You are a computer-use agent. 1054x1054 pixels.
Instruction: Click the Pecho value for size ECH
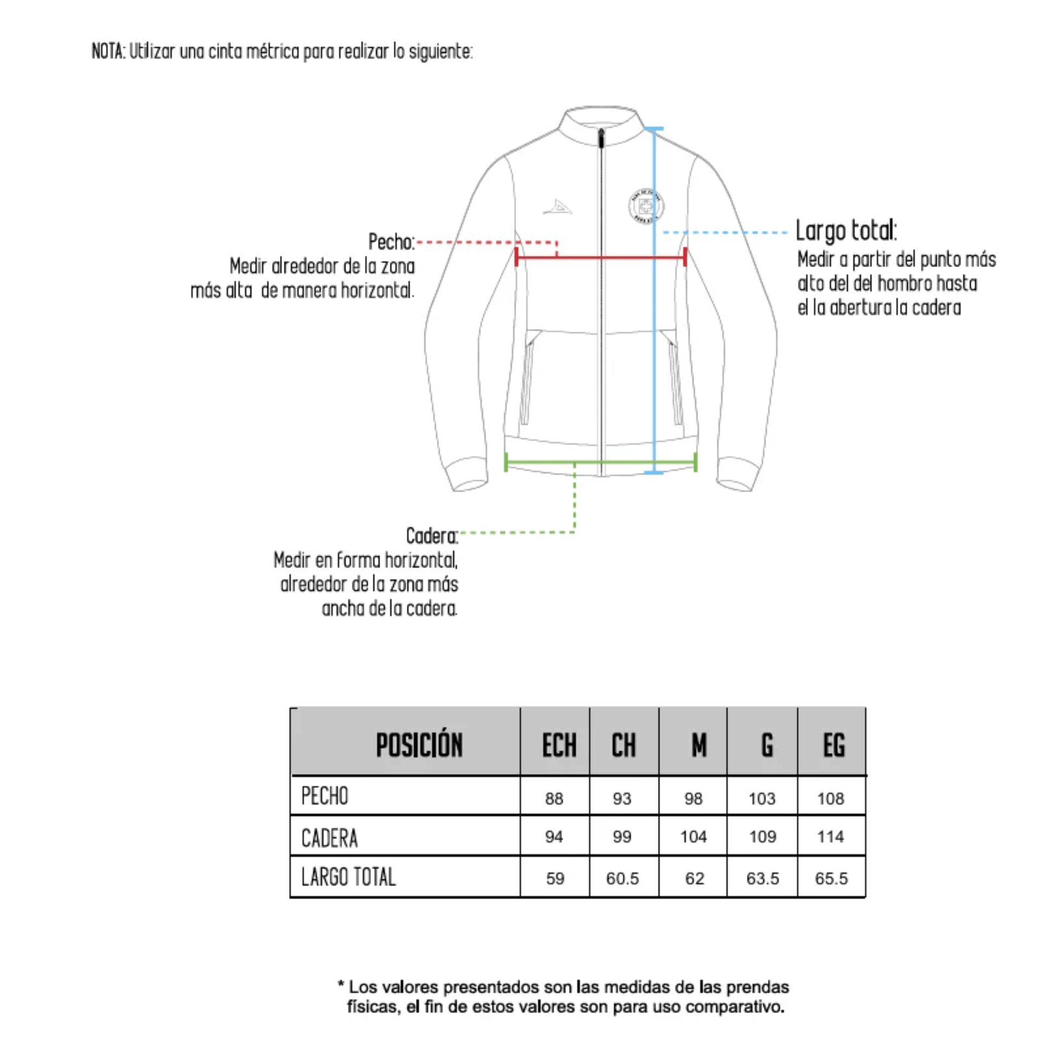click(554, 799)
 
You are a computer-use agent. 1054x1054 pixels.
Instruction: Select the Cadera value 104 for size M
click(693, 836)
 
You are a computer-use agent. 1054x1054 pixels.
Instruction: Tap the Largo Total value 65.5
click(831, 879)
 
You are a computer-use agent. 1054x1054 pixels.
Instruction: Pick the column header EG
click(833, 745)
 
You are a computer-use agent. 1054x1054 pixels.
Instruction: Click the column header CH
click(623, 745)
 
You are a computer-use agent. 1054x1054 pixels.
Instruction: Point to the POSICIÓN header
click(419, 745)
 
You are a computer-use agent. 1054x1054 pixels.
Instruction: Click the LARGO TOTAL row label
click(349, 877)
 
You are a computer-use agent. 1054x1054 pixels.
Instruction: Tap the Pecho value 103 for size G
click(762, 799)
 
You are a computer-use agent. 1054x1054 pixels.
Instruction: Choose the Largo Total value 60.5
click(622, 879)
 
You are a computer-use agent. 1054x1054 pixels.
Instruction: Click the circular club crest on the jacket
click(646, 206)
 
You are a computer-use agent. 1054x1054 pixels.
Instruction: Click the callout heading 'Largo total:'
click(845, 230)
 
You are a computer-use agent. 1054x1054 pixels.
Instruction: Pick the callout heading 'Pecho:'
click(391, 242)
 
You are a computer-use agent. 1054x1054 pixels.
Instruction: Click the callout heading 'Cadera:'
click(432, 536)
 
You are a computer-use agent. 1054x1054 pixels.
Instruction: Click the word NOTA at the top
click(108, 51)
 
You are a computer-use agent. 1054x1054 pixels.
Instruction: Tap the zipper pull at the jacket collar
click(601, 139)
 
